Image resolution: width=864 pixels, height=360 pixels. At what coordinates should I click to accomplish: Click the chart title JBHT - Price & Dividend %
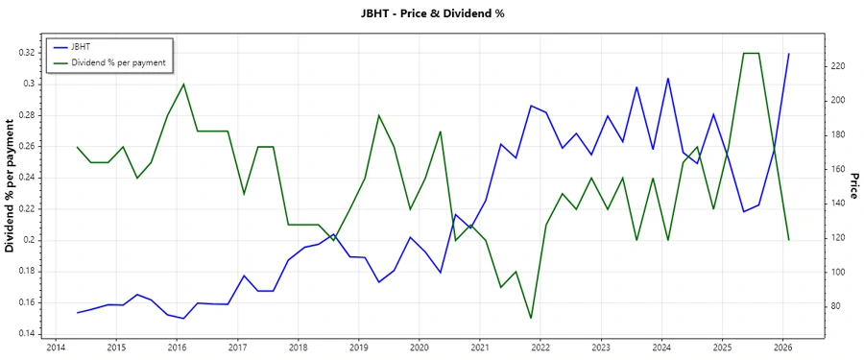pyautogui.click(x=431, y=13)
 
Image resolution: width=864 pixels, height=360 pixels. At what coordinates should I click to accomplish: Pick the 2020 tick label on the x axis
pyautogui.click(x=419, y=348)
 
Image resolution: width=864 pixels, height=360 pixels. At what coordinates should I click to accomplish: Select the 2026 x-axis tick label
pyautogui.click(x=782, y=348)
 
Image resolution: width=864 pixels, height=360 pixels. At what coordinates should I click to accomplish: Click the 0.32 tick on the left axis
pyautogui.click(x=26, y=53)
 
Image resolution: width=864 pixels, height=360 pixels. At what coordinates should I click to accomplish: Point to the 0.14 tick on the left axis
pyautogui.click(x=26, y=333)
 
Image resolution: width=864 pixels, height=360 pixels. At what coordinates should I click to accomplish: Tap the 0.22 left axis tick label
pyautogui.click(x=26, y=208)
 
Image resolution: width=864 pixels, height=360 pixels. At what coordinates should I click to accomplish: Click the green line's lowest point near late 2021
pyautogui.click(x=531, y=318)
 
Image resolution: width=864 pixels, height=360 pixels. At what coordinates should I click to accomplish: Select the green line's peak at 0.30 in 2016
pyautogui.click(x=183, y=84)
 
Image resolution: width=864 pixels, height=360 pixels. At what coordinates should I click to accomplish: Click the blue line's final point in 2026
pyautogui.click(x=789, y=54)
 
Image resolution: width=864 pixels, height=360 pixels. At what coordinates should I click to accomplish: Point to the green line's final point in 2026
pyautogui.click(x=789, y=239)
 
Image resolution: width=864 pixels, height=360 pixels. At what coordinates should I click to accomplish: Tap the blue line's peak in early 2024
pyautogui.click(x=668, y=79)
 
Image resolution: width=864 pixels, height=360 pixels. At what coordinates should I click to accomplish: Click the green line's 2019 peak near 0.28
pyautogui.click(x=378, y=115)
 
